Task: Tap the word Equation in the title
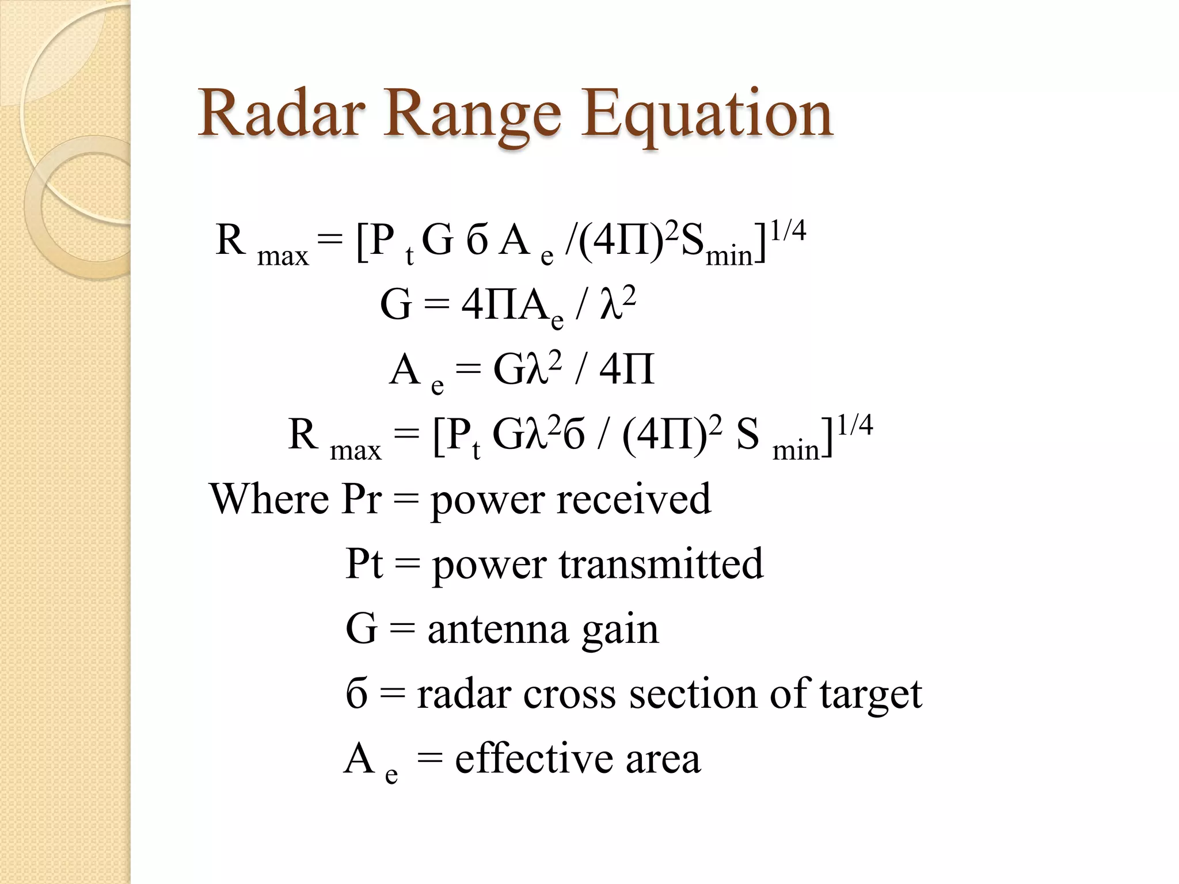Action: (x=706, y=115)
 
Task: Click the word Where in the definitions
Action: (x=268, y=498)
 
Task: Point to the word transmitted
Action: (x=661, y=564)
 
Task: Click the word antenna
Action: (x=498, y=629)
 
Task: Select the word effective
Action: (x=534, y=759)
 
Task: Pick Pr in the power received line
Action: (x=362, y=498)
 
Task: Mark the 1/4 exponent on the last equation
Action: (x=855, y=425)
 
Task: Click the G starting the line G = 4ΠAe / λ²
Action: (x=395, y=304)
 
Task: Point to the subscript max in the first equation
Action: (x=283, y=256)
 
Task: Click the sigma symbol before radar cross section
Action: (x=357, y=694)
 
